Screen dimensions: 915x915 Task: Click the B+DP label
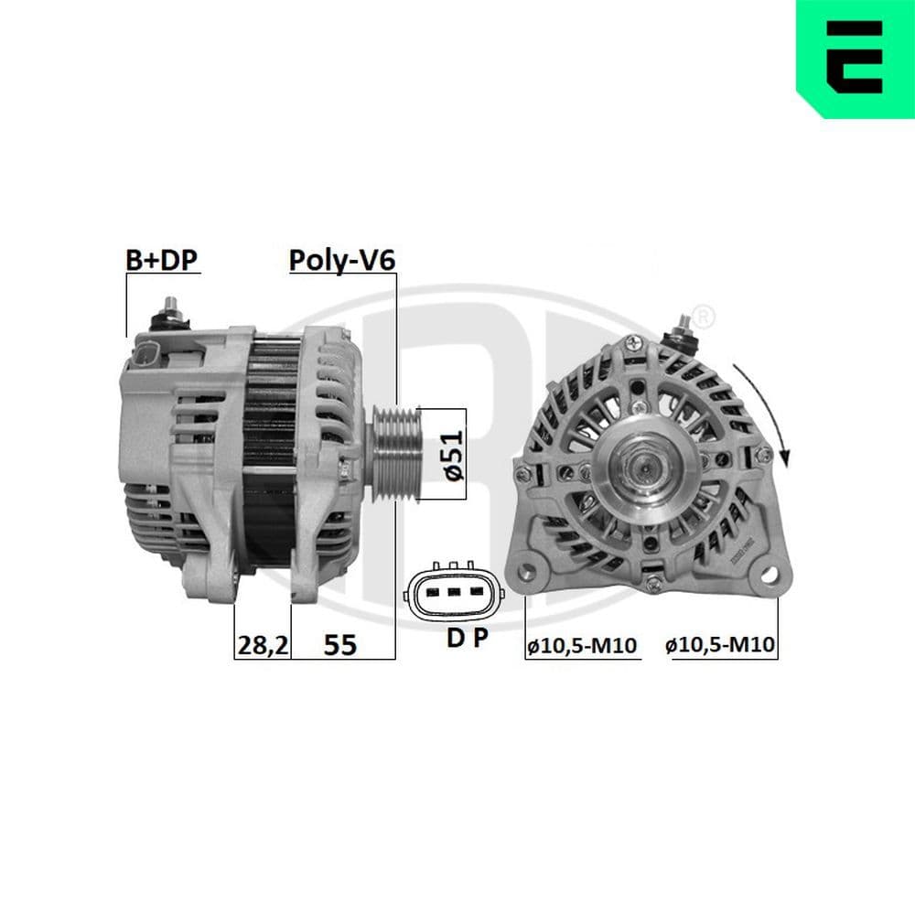[161, 260]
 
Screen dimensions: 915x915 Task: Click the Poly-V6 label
[341, 260]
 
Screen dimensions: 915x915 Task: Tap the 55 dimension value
[340, 645]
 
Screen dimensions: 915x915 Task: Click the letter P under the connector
[481, 640]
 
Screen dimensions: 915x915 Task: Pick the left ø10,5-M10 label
[581, 646]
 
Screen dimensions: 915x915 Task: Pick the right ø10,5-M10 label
[721, 646]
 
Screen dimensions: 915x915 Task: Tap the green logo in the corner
[856, 59]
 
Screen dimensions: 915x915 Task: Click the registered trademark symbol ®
[701, 316]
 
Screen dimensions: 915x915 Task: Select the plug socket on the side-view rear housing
[149, 356]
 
